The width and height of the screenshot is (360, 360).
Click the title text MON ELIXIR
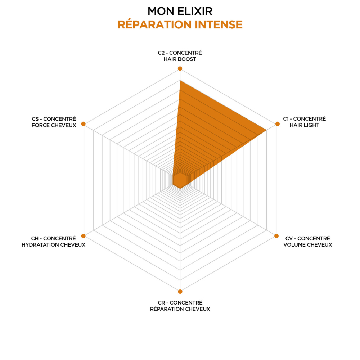click(180, 11)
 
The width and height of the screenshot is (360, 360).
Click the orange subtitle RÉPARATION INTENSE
click(180, 24)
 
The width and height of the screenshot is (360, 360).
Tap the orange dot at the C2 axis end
click(180, 68)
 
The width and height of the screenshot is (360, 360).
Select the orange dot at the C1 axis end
click(277, 124)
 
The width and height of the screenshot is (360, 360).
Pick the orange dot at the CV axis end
click(276, 236)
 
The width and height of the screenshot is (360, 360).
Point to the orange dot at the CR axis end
click(180, 292)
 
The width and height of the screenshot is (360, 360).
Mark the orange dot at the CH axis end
click(84, 236)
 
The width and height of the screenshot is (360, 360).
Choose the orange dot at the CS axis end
click(84, 124)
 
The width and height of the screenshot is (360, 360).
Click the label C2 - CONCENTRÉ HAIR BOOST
click(180, 56)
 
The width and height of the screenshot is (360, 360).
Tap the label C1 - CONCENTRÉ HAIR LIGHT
click(304, 122)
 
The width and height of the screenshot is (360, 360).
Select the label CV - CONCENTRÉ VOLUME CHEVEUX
click(308, 242)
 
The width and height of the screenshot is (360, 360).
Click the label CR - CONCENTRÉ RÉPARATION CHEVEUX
click(180, 306)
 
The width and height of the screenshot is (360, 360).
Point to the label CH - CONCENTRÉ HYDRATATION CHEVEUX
click(54, 242)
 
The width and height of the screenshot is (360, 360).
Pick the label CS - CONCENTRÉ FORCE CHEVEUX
click(54, 122)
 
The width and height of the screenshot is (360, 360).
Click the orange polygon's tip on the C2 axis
click(180, 81)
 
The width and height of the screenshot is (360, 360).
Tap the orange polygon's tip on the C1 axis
click(266, 130)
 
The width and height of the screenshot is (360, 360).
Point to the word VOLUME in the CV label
click(294, 245)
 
